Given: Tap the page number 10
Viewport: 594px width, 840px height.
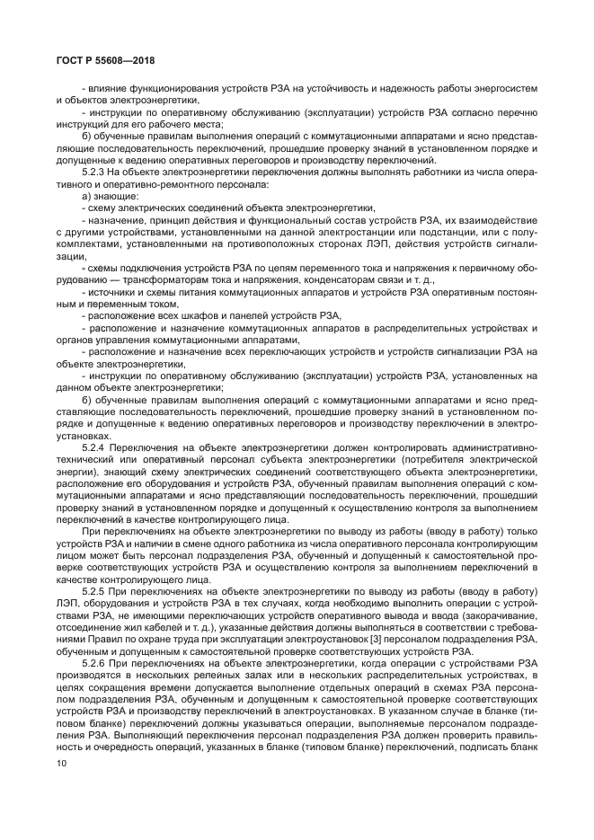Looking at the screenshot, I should click(61, 764).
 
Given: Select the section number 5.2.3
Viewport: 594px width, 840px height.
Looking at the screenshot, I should click(95, 171).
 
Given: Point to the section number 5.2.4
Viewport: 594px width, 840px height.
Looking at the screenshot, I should click(95, 447).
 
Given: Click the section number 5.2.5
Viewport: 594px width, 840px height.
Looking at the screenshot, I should click(95, 592).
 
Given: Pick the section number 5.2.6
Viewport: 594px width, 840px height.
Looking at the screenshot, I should click(95, 663).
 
